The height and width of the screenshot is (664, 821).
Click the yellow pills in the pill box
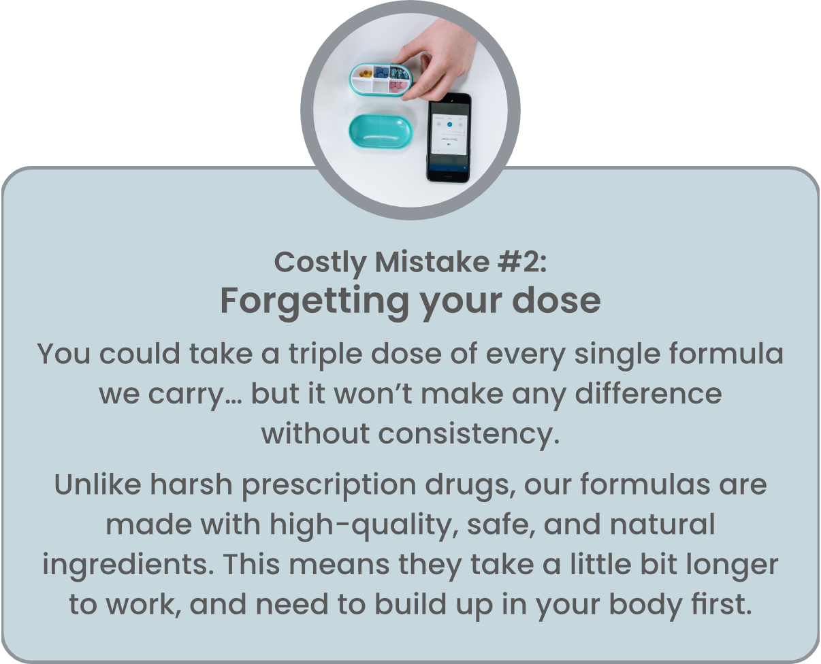[x=366, y=73]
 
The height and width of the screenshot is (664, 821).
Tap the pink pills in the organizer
[x=398, y=88]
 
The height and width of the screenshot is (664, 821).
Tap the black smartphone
[x=449, y=137]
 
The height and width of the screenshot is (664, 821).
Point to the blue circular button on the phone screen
[x=449, y=124]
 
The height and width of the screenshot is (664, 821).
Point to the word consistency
[x=468, y=435]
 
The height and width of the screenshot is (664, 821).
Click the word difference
[x=648, y=394]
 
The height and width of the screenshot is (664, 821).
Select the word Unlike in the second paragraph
[x=98, y=484]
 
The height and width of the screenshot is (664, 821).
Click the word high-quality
[x=364, y=526]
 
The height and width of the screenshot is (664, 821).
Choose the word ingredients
[x=128, y=566]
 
